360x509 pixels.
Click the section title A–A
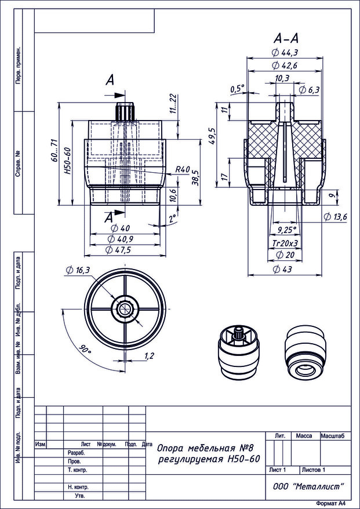pyautogui.click(x=286, y=39)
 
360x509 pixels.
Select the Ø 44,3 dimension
pyautogui.click(x=285, y=53)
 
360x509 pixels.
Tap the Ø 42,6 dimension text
pyautogui.click(x=285, y=66)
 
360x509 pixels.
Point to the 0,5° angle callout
pyautogui.click(x=238, y=89)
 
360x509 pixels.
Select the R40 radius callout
pyautogui.click(x=182, y=169)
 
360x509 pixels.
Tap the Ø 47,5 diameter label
pyautogui.click(x=120, y=250)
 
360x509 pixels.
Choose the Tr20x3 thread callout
pyautogui.click(x=285, y=243)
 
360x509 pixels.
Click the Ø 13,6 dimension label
pyautogui.click(x=336, y=217)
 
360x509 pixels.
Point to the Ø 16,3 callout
pyautogui.click(x=78, y=270)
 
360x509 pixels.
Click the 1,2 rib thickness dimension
pyautogui.click(x=148, y=356)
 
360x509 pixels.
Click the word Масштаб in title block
pyautogui.click(x=332, y=436)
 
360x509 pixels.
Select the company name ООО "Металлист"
pyautogui.click(x=308, y=486)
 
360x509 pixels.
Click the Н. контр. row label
pyautogui.click(x=78, y=487)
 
